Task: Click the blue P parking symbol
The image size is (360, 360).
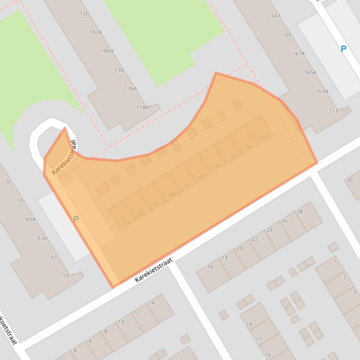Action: (x=343, y=49)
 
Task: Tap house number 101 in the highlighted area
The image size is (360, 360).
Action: (x=264, y=137)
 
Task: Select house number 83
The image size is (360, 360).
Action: (x=127, y=223)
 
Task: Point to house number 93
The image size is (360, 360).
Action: (x=203, y=176)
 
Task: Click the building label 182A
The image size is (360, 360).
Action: (x=96, y=32)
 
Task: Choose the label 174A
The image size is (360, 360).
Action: (x=142, y=107)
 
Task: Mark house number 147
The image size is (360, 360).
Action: (x=275, y=16)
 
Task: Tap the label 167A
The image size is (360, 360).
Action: (x=299, y=53)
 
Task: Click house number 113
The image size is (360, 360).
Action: (x=333, y=110)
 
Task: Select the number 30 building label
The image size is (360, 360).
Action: (x=349, y=180)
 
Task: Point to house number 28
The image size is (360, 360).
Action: (x=300, y=211)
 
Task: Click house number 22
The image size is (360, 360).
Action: (x=255, y=239)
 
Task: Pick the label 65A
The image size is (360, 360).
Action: (x=31, y=219)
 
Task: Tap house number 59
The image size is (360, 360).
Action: (x=66, y=276)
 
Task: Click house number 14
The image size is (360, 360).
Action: (x=151, y=302)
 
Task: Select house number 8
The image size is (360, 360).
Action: (x=105, y=331)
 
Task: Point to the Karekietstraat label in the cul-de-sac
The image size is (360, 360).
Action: (x=64, y=157)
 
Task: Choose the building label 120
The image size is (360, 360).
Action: (x=84, y=14)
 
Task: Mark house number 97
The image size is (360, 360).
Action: (x=234, y=157)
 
